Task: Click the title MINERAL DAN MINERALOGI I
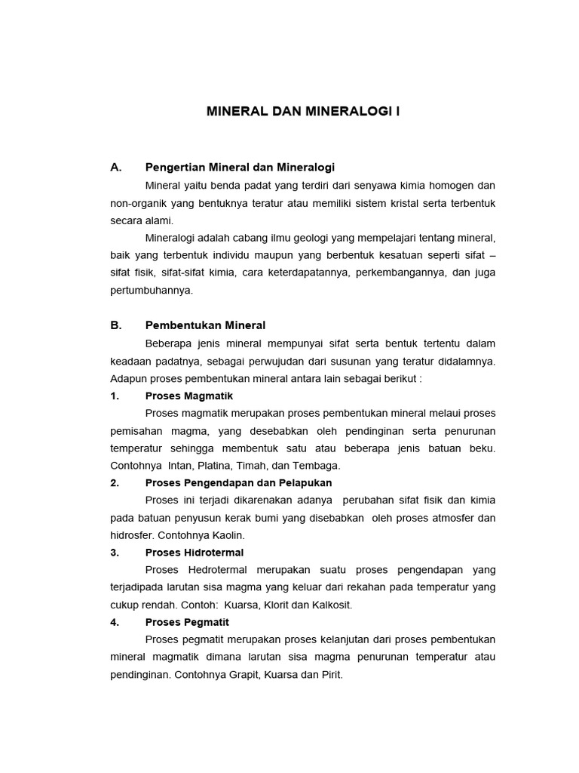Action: pyautogui.click(x=303, y=112)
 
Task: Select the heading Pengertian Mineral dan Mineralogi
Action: pyautogui.click(x=240, y=167)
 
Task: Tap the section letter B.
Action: pyautogui.click(x=115, y=325)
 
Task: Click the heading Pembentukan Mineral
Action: pyautogui.click(x=205, y=325)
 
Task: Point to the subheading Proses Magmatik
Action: pyautogui.click(x=189, y=396)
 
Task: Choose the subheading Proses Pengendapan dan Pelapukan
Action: pyautogui.click(x=238, y=482)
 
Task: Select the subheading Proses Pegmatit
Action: pyautogui.click(x=187, y=622)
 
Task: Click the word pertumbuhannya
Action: pyautogui.click(x=152, y=290)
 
